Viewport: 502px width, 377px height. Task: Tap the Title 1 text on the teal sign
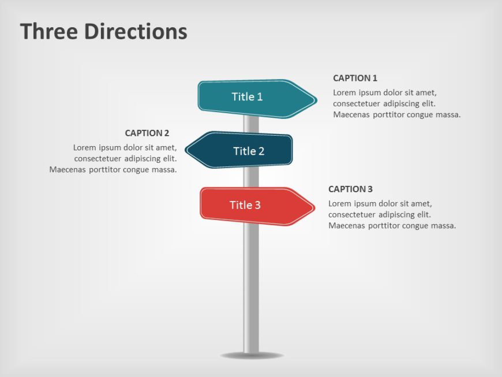pos(247,96)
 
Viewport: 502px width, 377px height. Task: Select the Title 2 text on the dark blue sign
pos(249,151)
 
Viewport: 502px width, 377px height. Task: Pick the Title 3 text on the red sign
pos(245,205)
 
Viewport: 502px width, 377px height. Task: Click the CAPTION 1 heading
pos(355,78)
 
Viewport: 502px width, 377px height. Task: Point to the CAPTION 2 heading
pos(147,133)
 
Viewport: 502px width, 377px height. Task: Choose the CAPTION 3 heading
pos(350,189)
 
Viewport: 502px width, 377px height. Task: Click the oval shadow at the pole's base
pos(251,355)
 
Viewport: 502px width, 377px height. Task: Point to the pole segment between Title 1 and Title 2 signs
pos(250,125)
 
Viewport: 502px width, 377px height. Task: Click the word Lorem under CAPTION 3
pos(340,203)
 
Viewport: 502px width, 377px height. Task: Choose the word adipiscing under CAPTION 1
pos(400,103)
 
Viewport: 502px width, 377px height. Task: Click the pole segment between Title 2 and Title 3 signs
pos(250,177)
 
